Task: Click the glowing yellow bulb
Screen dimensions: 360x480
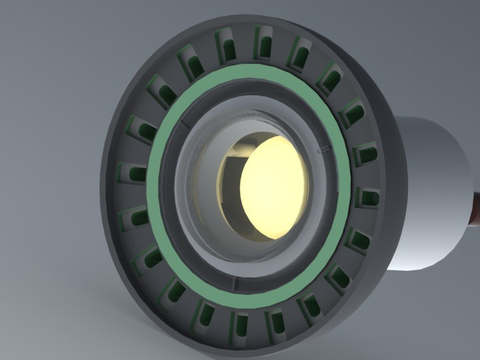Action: (275, 187)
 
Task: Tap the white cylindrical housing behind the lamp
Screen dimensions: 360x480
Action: (433, 187)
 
